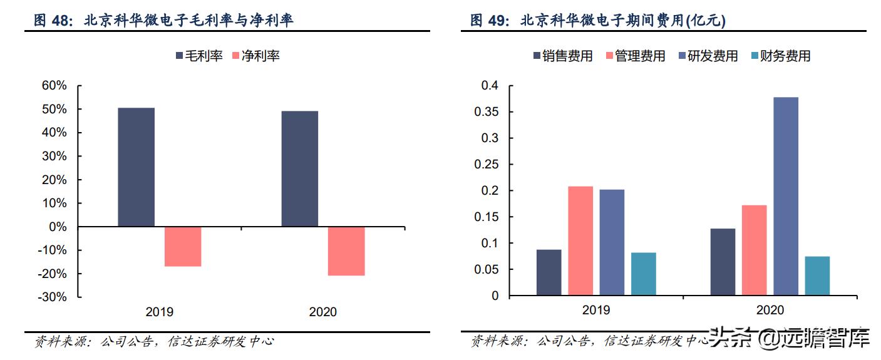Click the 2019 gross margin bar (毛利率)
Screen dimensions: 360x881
pos(136,167)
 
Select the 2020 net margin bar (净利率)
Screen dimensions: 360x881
pos(346,251)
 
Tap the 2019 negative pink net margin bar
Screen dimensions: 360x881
pos(183,247)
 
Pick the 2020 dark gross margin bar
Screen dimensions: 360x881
pos(299,168)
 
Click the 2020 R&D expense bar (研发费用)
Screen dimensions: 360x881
pos(786,196)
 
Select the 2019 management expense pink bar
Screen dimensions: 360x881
pos(580,240)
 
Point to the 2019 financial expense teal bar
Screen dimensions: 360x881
pos(643,274)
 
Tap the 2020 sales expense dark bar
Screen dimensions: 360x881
pos(723,262)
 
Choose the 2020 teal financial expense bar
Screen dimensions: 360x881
pos(817,275)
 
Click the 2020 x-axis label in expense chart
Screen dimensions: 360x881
pos(770,310)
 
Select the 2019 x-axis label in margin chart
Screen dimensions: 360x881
pos(159,312)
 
